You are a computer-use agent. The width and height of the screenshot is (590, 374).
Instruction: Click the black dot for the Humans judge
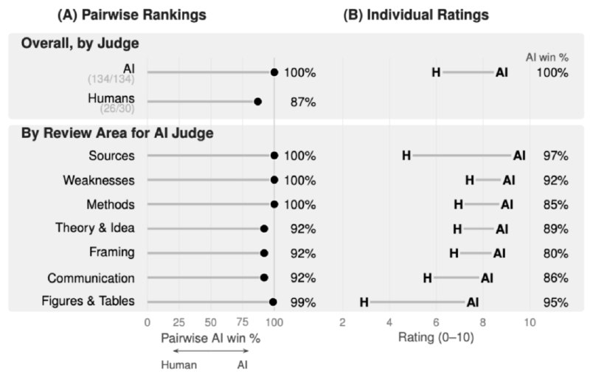[x=257, y=102]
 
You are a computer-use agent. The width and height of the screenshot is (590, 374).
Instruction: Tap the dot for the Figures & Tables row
[x=273, y=302]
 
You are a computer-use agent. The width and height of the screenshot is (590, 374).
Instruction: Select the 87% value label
[x=303, y=102]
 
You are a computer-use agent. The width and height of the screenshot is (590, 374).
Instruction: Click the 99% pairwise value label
[x=303, y=302]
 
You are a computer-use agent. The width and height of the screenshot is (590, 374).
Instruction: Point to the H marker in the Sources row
[x=406, y=156]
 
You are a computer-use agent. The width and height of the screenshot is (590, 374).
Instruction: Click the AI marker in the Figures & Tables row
[x=473, y=302]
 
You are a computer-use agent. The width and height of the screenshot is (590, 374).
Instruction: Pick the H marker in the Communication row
[x=427, y=278]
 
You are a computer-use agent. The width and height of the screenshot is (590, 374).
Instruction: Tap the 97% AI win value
[x=555, y=156]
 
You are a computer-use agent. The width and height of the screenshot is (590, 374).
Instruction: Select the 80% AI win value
[x=555, y=253]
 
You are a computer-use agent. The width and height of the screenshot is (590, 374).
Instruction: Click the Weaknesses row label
[x=99, y=180]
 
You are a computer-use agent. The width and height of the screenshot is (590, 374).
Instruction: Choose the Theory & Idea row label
[x=95, y=228]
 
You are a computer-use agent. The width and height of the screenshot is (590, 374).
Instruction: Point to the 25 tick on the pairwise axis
[x=178, y=322]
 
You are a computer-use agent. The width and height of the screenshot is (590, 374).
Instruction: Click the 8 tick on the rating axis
[x=483, y=322]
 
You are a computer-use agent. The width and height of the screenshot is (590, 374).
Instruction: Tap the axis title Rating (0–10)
[x=436, y=337]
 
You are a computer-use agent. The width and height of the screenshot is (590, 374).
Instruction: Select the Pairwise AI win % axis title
[x=211, y=339]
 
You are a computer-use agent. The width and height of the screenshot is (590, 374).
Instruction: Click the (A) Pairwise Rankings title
[x=132, y=15]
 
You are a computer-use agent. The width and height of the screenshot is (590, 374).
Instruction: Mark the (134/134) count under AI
[x=111, y=79]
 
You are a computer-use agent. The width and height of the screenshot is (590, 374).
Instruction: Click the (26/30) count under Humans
[x=117, y=108]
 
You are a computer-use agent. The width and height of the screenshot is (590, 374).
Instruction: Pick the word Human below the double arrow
[x=179, y=365]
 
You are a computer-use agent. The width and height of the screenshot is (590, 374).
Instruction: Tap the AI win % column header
[x=547, y=58]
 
